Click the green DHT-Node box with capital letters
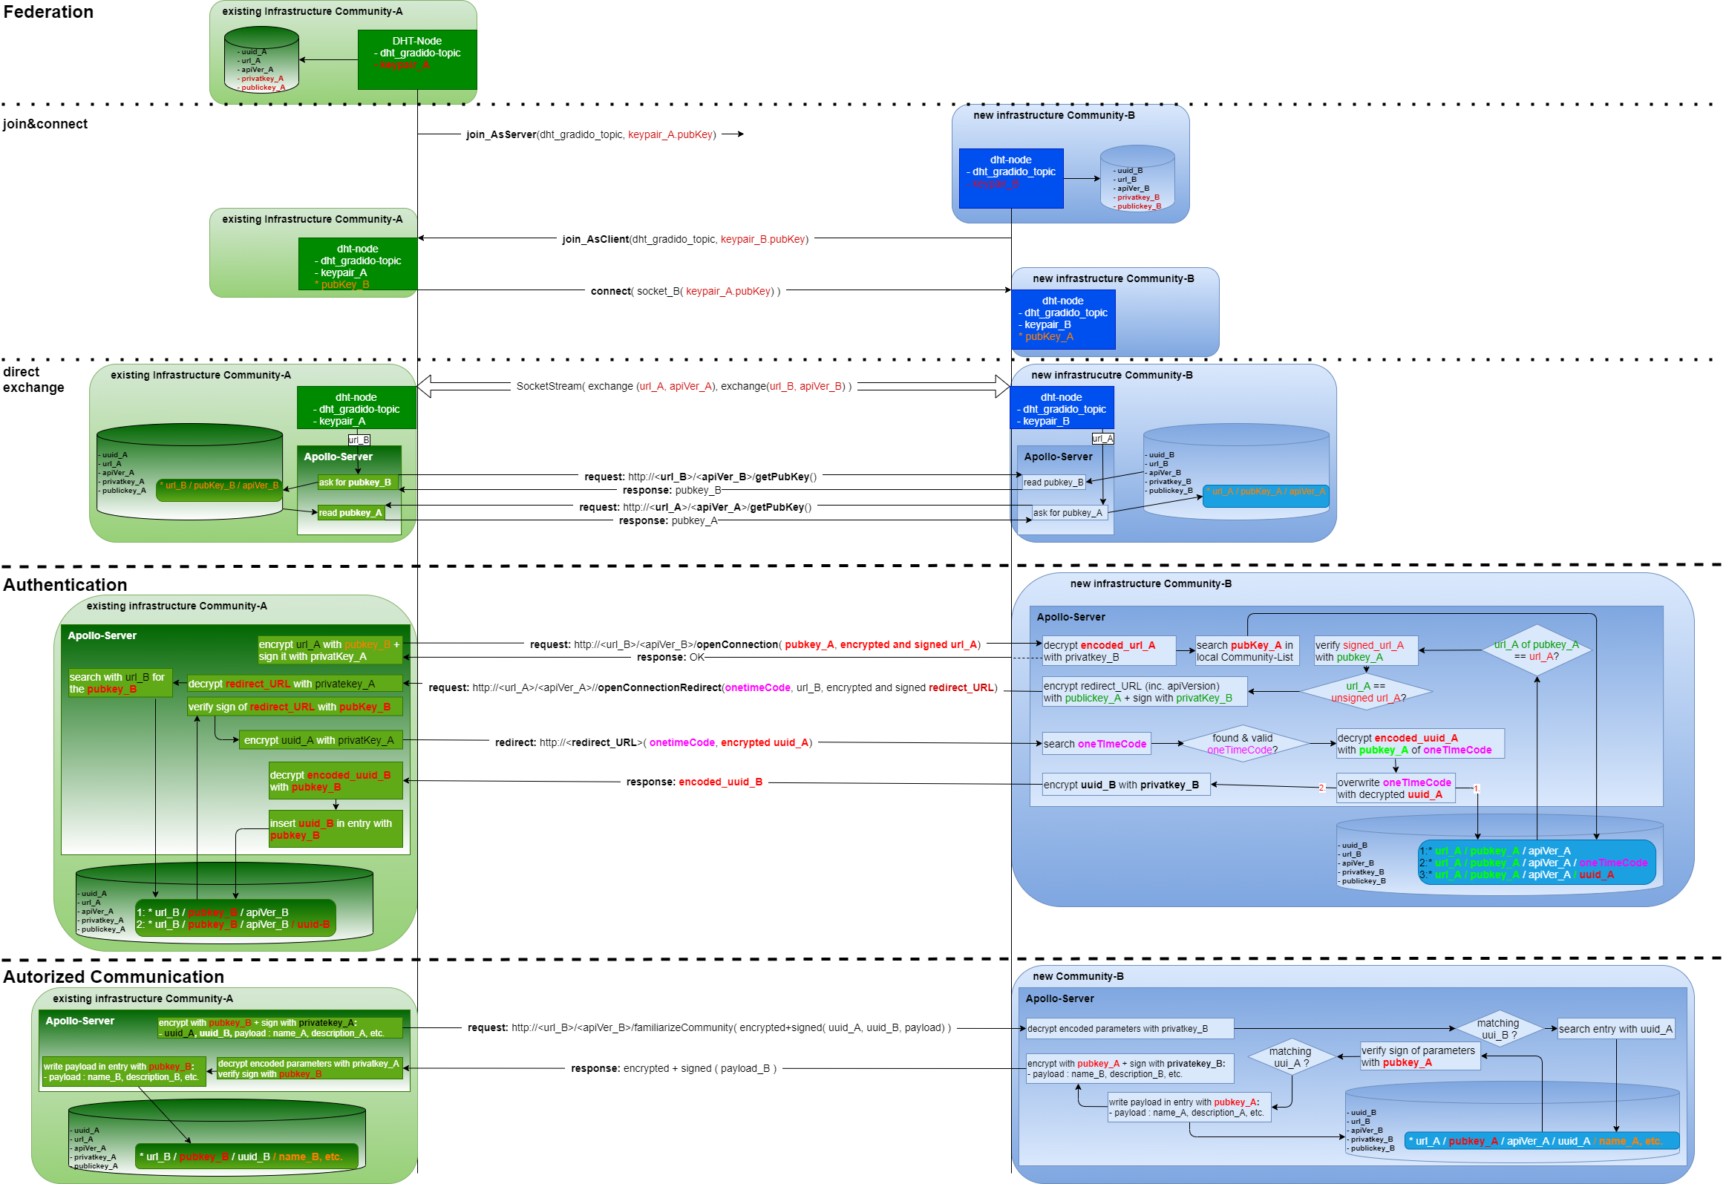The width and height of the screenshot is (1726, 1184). click(x=416, y=59)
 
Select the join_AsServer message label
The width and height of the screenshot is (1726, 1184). click(x=591, y=134)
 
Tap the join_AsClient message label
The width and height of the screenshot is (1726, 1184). click(x=685, y=239)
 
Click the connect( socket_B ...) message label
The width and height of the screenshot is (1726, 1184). click(x=684, y=291)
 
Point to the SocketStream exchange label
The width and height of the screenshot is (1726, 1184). click(x=683, y=386)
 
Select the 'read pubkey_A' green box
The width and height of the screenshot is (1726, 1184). click(x=350, y=512)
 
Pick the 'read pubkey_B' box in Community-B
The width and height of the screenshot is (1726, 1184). click(x=1053, y=482)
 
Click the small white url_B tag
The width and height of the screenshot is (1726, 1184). click(x=359, y=439)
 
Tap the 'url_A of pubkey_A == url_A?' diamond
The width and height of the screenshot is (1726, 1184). click(x=1536, y=651)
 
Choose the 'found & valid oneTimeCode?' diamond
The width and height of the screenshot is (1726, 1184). click(x=1242, y=744)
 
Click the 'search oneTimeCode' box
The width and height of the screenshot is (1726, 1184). click(x=1096, y=744)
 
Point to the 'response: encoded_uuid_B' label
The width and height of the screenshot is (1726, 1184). click(x=693, y=782)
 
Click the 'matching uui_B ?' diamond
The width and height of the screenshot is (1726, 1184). click(x=1498, y=1029)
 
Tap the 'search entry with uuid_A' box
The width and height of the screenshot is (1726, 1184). click(x=1615, y=1029)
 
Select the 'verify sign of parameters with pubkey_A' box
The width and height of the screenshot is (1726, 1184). click(x=1419, y=1056)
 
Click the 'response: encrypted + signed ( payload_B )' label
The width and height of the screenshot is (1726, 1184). click(x=673, y=1068)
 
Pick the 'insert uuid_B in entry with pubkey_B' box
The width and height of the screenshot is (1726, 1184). click(x=335, y=829)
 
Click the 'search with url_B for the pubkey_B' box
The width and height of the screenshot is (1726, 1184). click(x=120, y=683)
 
